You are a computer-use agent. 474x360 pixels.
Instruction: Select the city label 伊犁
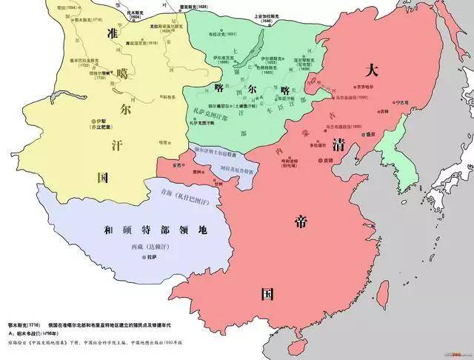click(x=96, y=119)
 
